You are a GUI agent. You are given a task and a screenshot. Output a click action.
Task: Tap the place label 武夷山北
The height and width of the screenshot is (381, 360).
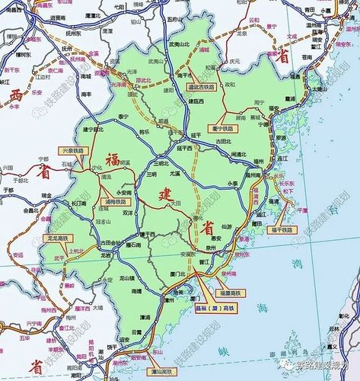[177, 45]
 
